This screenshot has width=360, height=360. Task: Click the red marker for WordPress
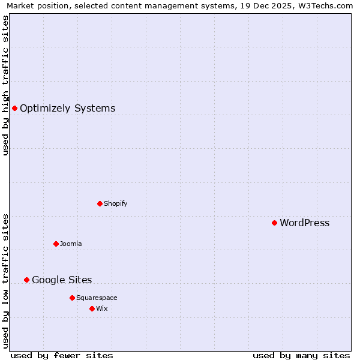pyautogui.click(x=274, y=223)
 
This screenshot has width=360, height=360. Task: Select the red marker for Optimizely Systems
pyautogui.click(x=14, y=108)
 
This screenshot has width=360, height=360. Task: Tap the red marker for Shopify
pyautogui.click(x=100, y=203)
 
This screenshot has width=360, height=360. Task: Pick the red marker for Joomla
pyautogui.click(x=56, y=244)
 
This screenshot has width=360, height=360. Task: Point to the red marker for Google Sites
pyautogui.click(x=26, y=280)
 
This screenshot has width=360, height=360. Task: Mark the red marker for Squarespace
pyautogui.click(x=72, y=298)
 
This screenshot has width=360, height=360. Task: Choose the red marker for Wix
pyautogui.click(x=92, y=308)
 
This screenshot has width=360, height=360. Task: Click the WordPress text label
pyautogui.click(x=304, y=223)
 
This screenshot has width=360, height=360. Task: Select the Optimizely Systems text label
pyautogui.click(x=67, y=109)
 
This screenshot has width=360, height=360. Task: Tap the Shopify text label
pyautogui.click(x=115, y=203)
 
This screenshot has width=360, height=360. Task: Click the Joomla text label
pyautogui.click(x=71, y=244)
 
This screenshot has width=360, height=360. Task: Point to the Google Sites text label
pyautogui.click(x=62, y=280)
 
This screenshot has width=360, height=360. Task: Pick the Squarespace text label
pyautogui.click(x=97, y=298)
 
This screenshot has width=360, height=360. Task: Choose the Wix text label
pyautogui.click(x=101, y=308)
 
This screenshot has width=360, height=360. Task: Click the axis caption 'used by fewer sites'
pyautogui.click(x=62, y=355)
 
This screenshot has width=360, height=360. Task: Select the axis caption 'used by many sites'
pyautogui.click(x=301, y=355)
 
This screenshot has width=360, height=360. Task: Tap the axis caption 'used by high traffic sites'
pyautogui.click(x=5, y=85)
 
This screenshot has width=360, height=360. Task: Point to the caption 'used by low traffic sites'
pyautogui.click(x=5, y=281)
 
